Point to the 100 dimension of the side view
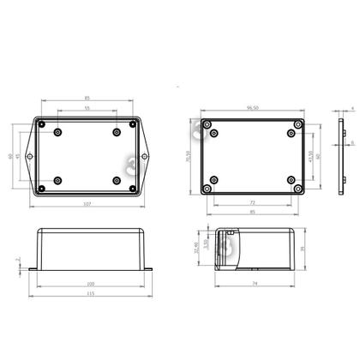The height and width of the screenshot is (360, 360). tap(89, 283)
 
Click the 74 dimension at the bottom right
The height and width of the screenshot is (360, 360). tap(255, 284)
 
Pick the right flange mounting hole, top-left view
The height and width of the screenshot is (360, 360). tap(147, 158)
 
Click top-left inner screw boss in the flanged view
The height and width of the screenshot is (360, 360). tap(57, 134)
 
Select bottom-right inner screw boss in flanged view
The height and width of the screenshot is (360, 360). tap(117, 181)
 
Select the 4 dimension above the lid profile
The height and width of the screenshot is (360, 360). tap(351, 107)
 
